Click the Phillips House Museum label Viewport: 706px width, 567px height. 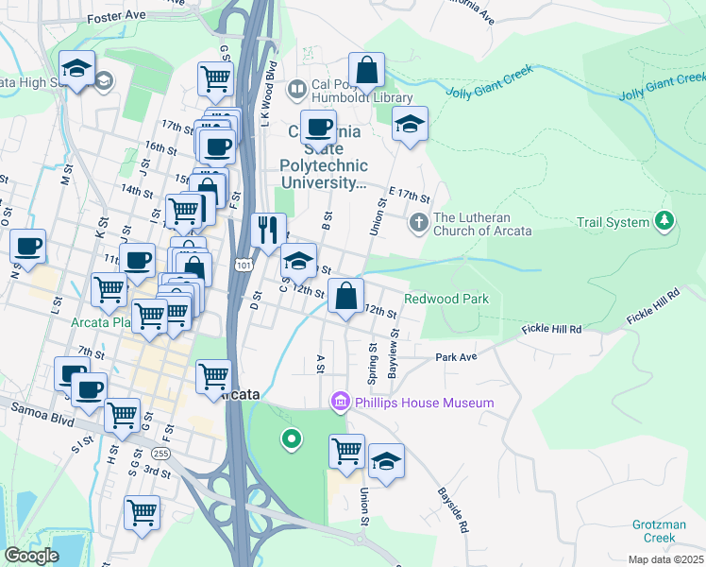pyautogui.click(x=424, y=404)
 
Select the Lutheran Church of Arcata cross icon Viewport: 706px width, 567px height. pyautogui.click(x=419, y=223)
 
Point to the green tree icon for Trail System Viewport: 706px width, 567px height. pyautogui.click(x=664, y=221)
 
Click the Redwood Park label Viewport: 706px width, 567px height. pyautogui.click(x=446, y=299)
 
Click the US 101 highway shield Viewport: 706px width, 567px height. pyautogui.click(x=244, y=266)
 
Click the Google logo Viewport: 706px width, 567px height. pyautogui.click(x=30, y=555)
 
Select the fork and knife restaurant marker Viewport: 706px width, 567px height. pyautogui.click(x=268, y=228)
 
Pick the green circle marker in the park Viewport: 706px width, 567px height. pyautogui.click(x=292, y=438)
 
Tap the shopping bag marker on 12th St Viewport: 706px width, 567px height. pyautogui.click(x=346, y=295)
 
